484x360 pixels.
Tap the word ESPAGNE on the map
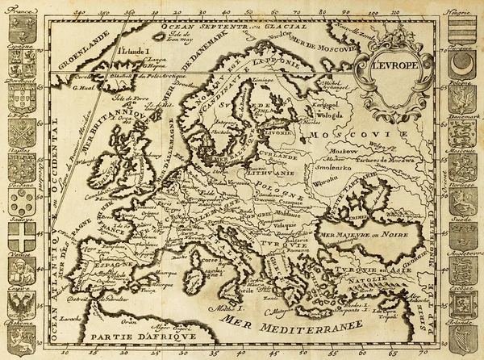114,263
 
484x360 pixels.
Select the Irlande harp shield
461,339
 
